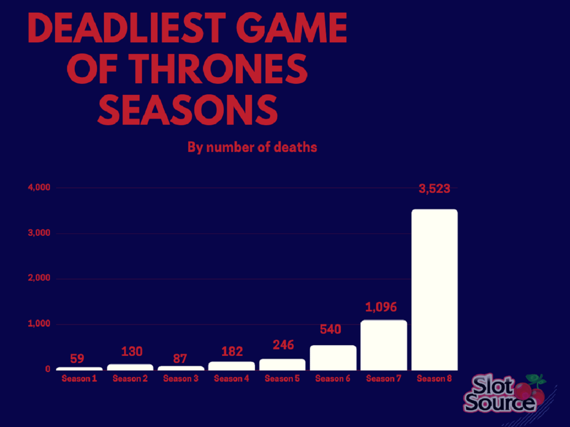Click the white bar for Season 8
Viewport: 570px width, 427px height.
(434, 290)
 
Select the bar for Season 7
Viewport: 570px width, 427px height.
(384, 345)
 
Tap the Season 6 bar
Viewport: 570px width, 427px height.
(333, 358)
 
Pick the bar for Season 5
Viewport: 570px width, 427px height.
(282, 364)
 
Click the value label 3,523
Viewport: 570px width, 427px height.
(434, 189)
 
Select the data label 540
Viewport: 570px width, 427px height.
(331, 330)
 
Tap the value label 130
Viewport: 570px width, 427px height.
(131, 351)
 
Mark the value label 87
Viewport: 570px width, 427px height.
(180, 358)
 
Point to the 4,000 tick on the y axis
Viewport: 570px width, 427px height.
(39, 188)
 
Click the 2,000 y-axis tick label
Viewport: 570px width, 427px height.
(39, 279)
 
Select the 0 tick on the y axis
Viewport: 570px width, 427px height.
(48, 369)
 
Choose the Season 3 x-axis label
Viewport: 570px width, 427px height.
(181, 379)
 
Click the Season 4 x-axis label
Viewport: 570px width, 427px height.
(231, 379)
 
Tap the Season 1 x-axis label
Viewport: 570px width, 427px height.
(79, 379)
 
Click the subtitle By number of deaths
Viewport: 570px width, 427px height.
(252, 147)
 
